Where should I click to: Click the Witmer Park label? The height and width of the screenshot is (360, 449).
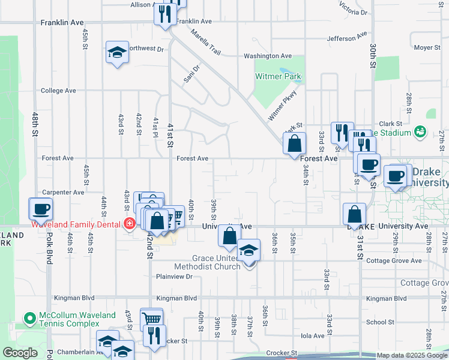pyautogui.click(x=278, y=76)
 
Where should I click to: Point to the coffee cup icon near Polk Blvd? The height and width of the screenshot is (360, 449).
pyautogui.click(x=41, y=209)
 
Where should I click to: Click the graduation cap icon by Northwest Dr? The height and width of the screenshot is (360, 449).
pyautogui.click(x=118, y=53)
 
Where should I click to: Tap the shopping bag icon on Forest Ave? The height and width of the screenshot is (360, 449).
pyautogui.click(x=295, y=144)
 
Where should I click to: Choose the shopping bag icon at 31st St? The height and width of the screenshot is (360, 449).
pyautogui.click(x=355, y=214)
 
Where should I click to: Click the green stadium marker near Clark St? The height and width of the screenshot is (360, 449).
pyautogui.click(x=420, y=131)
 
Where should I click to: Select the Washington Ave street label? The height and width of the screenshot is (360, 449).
pyautogui.click(x=268, y=56)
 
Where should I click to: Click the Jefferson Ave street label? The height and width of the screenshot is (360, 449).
pyautogui.click(x=346, y=38)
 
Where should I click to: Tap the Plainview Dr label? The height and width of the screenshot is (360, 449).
pyautogui.click(x=174, y=277)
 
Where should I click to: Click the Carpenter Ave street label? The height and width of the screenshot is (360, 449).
pyautogui.click(x=62, y=193)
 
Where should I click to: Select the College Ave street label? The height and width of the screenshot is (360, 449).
pyautogui.click(x=58, y=91)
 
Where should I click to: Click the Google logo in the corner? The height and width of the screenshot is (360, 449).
pyautogui.click(x=20, y=353)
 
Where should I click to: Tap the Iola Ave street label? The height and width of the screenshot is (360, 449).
pyautogui.click(x=313, y=336)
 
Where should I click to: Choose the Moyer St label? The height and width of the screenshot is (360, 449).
pyautogui.click(x=427, y=47)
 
